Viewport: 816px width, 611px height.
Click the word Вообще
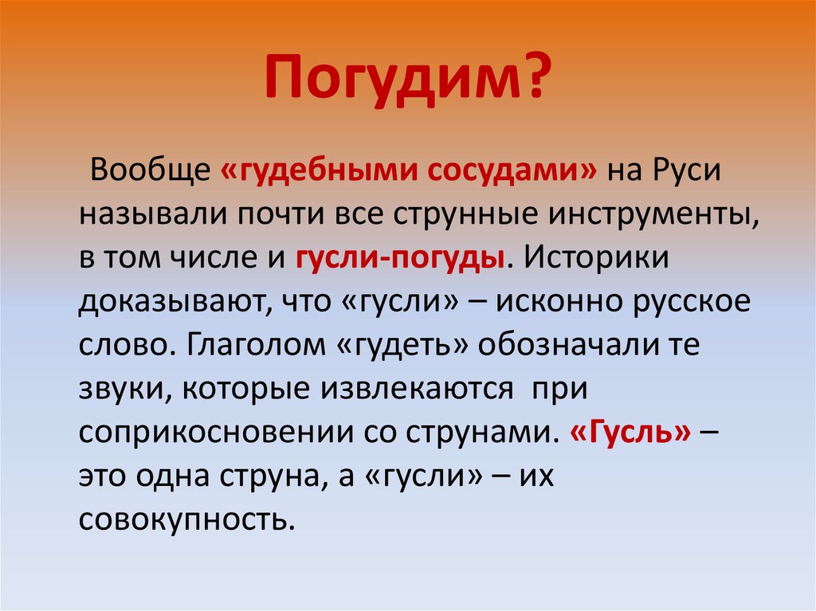pos(146,170)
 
